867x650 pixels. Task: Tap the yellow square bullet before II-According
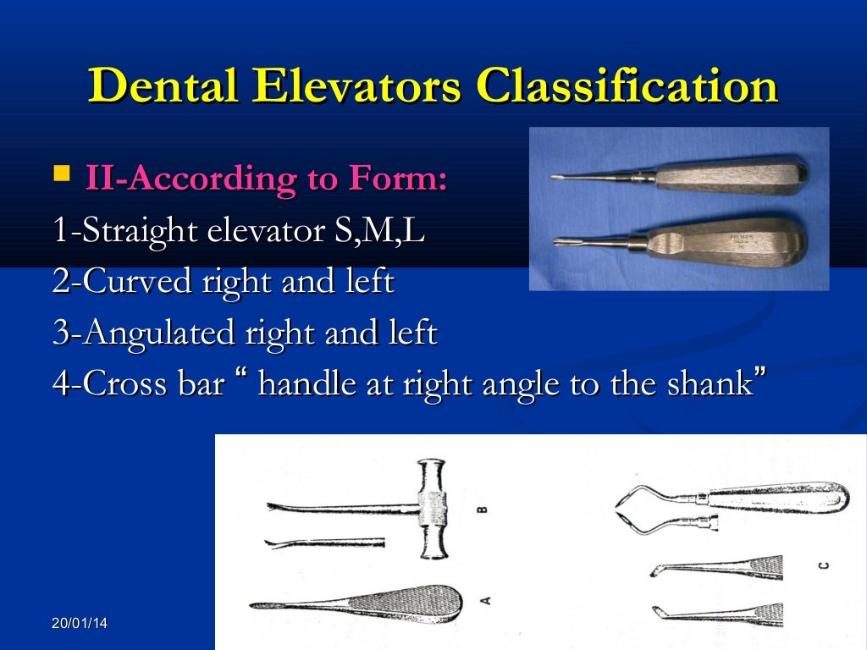(62, 175)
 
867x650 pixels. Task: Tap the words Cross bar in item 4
(149, 384)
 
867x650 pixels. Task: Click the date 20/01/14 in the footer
(80, 624)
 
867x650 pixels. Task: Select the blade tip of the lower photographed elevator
(555, 246)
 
